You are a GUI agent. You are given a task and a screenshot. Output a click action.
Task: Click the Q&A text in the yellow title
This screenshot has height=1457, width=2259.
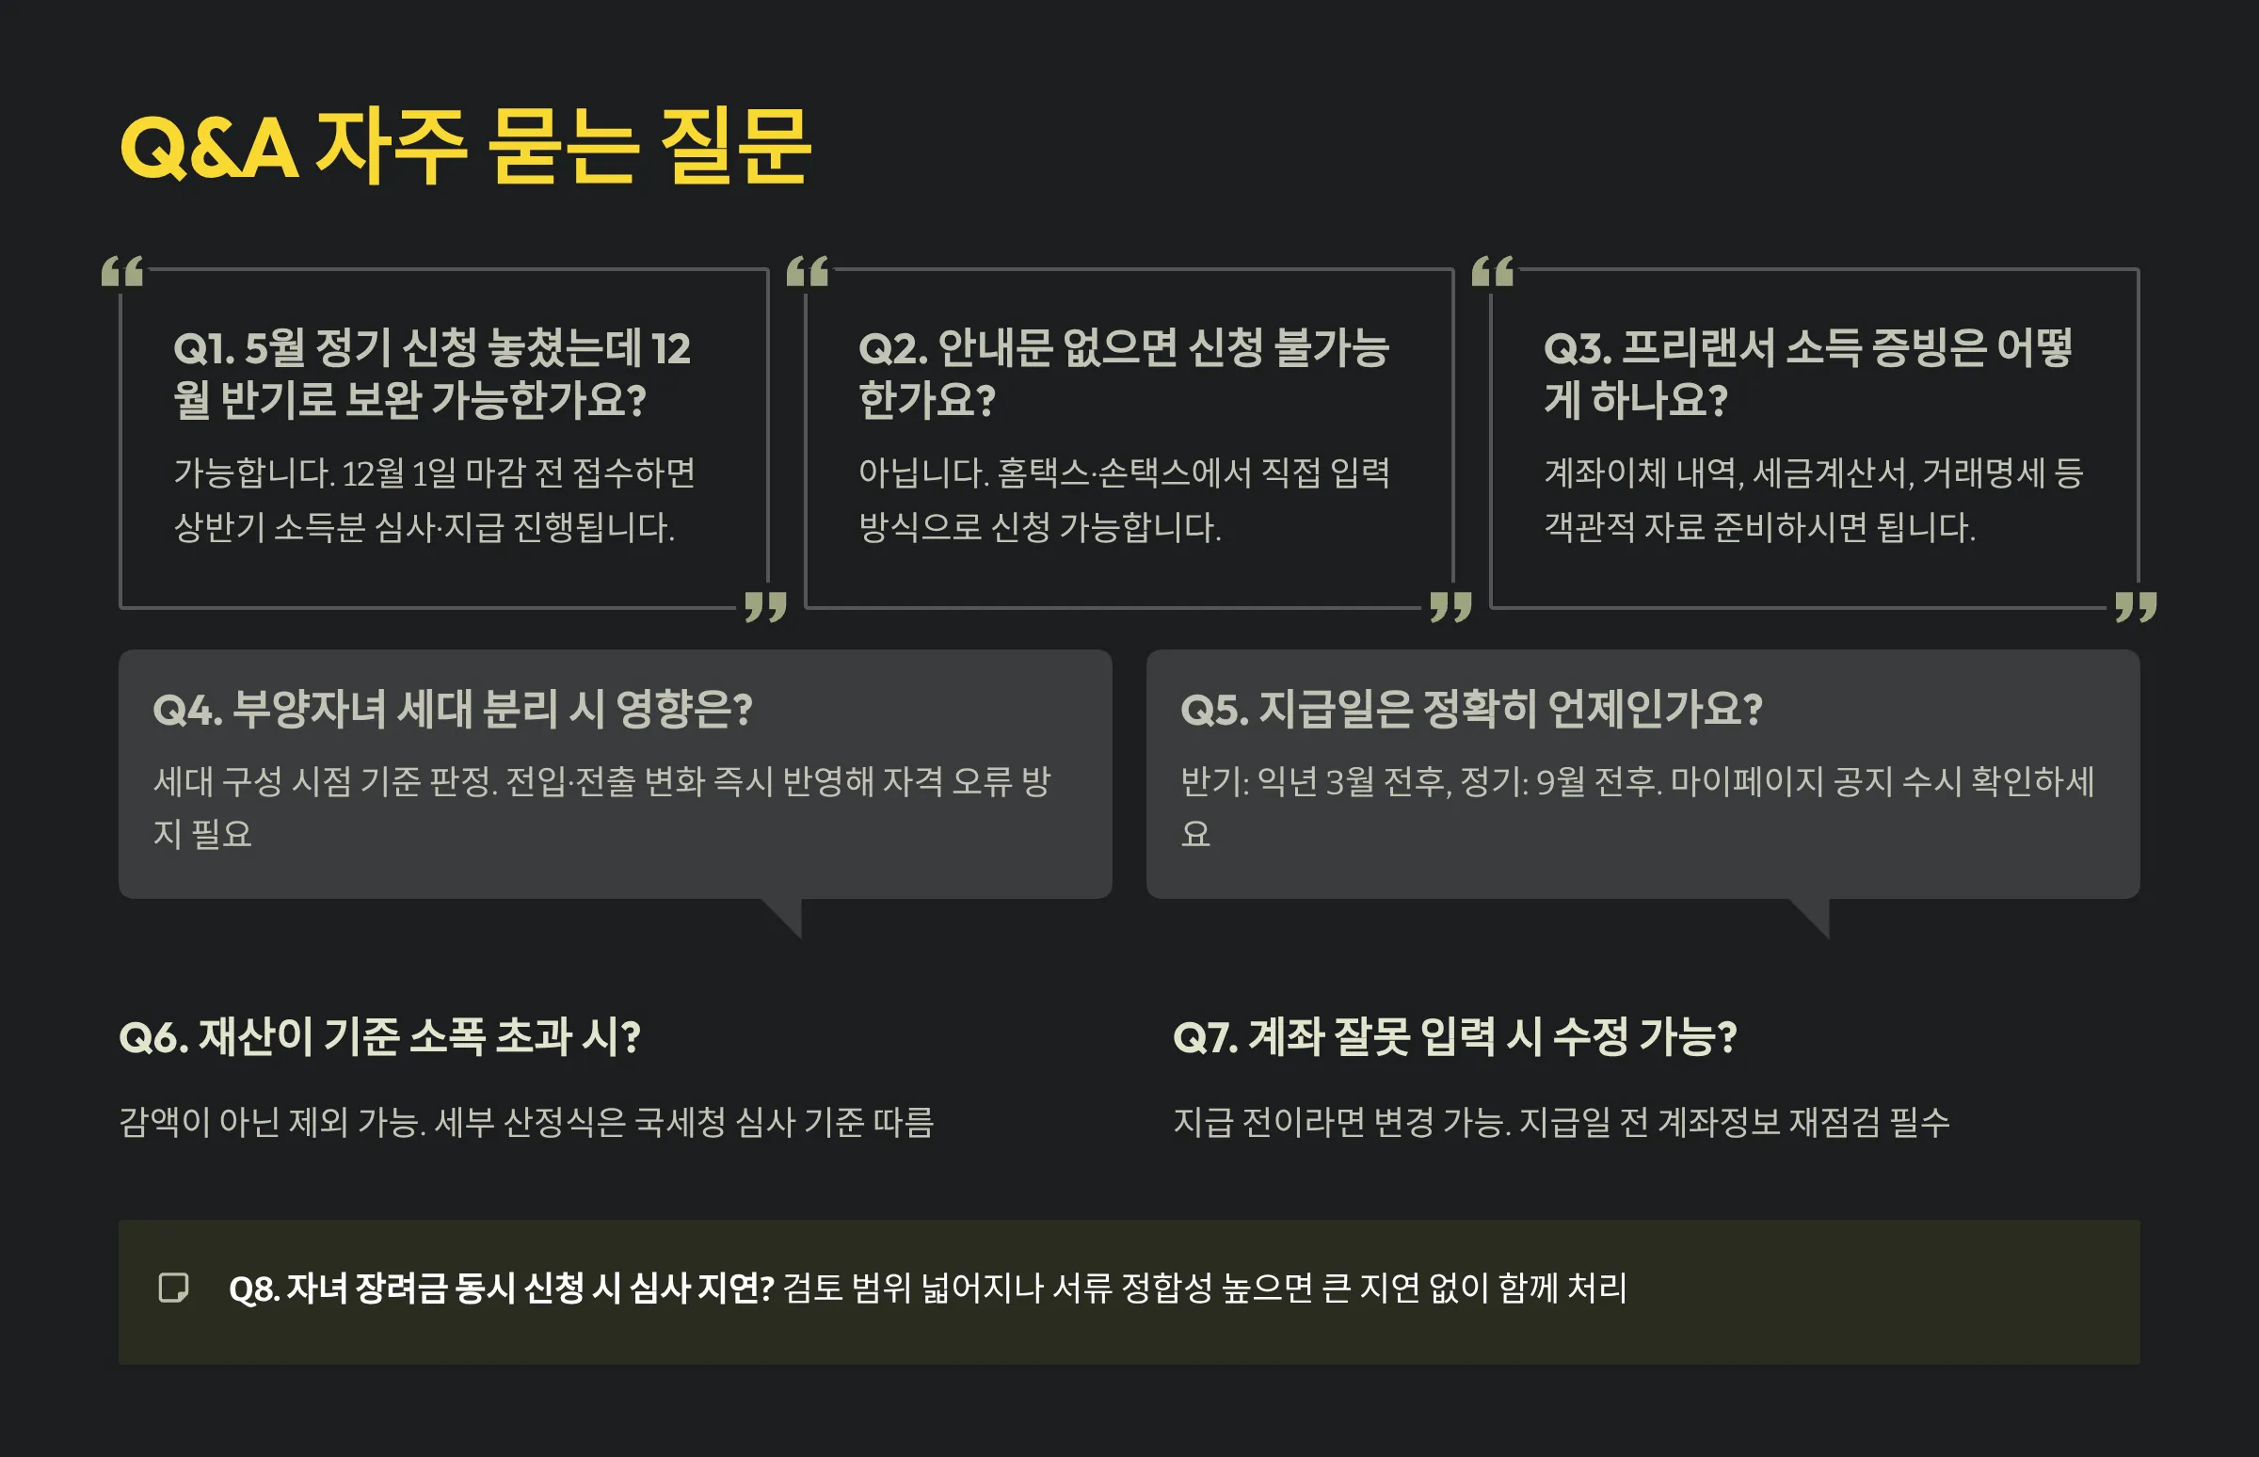pos(209,150)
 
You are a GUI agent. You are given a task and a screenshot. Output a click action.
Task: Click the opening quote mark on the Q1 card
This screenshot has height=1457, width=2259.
pos(123,271)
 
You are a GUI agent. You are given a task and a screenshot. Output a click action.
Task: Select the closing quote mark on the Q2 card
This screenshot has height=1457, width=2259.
pos(1450,606)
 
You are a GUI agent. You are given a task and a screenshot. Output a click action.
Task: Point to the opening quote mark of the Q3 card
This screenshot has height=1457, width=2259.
pos(1493,271)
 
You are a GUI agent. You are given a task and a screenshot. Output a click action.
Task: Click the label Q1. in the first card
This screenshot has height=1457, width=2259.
pos(203,349)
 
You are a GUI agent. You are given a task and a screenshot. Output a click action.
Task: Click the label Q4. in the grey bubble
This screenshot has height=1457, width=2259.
pos(187,710)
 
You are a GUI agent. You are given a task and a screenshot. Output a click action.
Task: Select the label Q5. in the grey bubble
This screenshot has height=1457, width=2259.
pos(1214,710)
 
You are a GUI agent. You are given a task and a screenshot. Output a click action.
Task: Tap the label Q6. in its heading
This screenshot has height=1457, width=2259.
pos(153,1038)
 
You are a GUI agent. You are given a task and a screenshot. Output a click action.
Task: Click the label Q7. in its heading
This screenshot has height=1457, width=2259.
pos(1205,1038)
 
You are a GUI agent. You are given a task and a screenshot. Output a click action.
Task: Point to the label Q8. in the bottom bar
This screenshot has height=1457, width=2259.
pos(253,1289)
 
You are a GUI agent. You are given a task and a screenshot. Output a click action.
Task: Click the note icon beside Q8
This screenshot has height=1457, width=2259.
pos(173,1288)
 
